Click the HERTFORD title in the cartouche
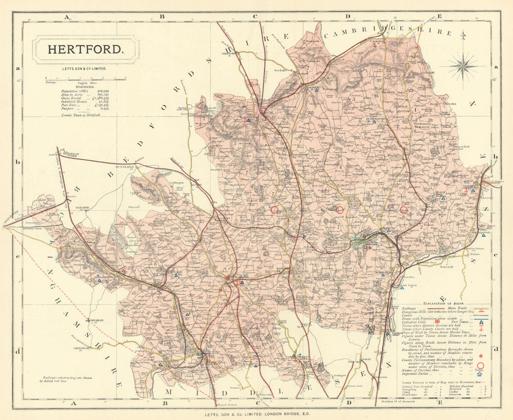point(85,50)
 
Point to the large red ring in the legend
point(481,365)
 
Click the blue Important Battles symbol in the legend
point(480,374)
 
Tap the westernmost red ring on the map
point(274,210)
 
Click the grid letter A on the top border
point(66,17)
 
